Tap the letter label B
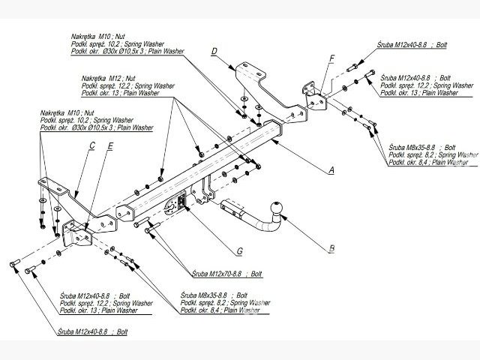click(x=330, y=244)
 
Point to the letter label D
click(x=214, y=51)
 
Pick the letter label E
click(x=110, y=147)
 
